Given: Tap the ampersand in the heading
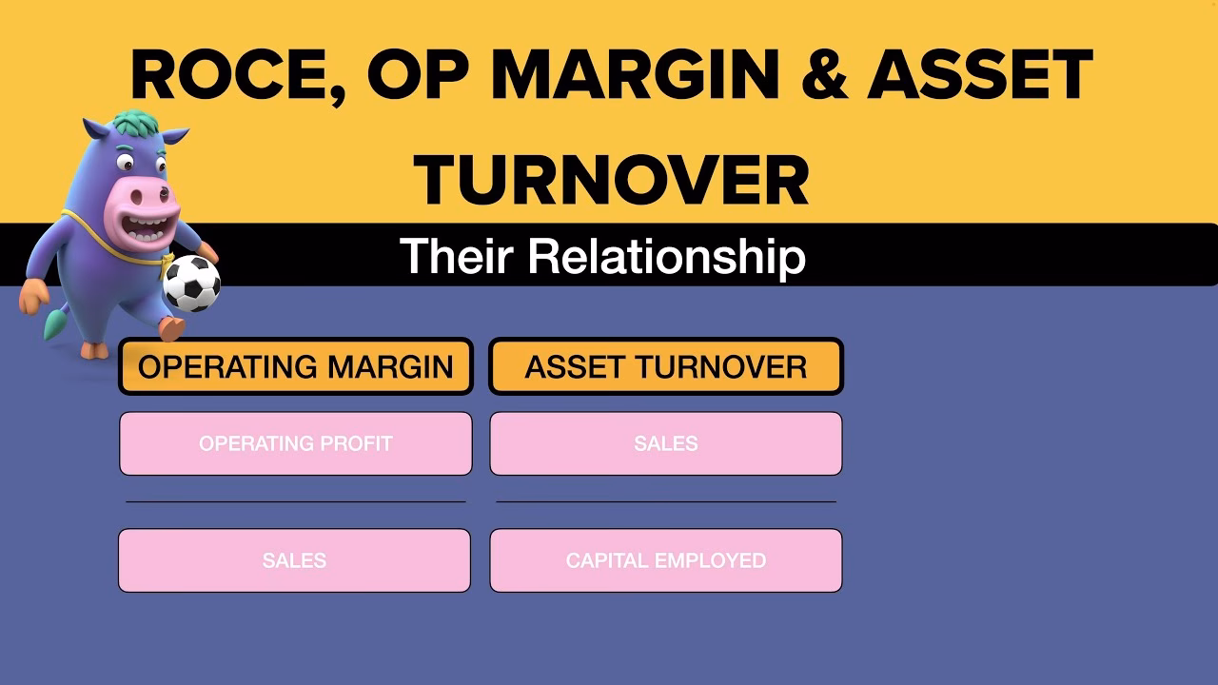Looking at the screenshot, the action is point(824,74).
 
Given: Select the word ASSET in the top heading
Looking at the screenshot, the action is point(980,74).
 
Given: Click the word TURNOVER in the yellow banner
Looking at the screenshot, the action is point(611,180).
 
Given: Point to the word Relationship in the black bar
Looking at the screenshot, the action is point(667,257).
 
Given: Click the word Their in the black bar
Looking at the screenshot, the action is point(456,256).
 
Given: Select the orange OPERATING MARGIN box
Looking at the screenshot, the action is point(296,366).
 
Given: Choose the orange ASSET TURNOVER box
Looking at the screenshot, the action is point(666,366).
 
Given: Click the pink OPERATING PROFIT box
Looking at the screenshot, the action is point(296,443).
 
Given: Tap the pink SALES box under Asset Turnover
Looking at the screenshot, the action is point(666,443).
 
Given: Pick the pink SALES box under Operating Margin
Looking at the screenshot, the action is point(294,560).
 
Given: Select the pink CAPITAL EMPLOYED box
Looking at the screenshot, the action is point(666,560).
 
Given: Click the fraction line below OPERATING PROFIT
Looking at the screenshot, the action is point(296,501).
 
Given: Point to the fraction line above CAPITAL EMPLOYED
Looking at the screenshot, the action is point(666,501).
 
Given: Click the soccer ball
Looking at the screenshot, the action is point(192,284).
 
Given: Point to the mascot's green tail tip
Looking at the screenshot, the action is point(52,325).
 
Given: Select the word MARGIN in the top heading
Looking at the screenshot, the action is point(638,74).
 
